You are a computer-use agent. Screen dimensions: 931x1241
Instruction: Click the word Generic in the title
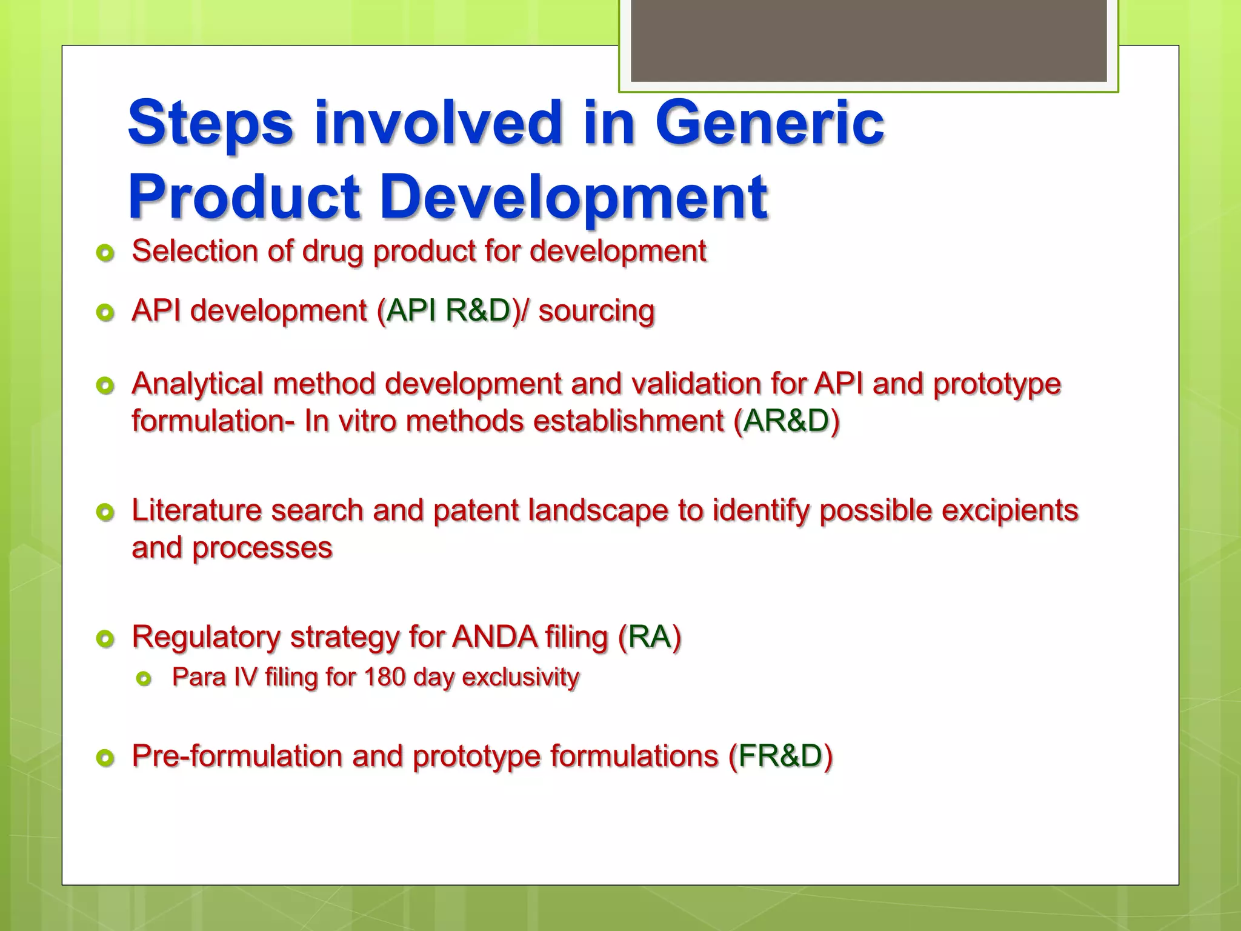tap(770, 123)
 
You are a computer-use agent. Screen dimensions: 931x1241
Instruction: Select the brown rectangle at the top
tap(868, 41)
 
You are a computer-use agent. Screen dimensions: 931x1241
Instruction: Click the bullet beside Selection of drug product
tap(105, 253)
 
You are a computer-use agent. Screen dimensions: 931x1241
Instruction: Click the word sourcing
tap(596, 312)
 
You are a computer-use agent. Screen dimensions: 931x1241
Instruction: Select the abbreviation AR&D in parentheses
tap(786, 421)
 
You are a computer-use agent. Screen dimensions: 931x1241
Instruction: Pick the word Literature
tap(196, 510)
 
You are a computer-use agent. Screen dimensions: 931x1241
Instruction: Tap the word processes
tap(262, 549)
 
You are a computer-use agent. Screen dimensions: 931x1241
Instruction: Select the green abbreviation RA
tap(650, 637)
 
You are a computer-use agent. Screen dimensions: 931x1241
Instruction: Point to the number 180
tap(384, 677)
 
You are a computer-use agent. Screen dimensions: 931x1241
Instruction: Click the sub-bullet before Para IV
tap(144, 679)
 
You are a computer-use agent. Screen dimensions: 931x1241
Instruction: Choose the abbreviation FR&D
tap(780, 756)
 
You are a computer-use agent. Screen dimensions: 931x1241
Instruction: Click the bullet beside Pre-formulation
tap(105, 758)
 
